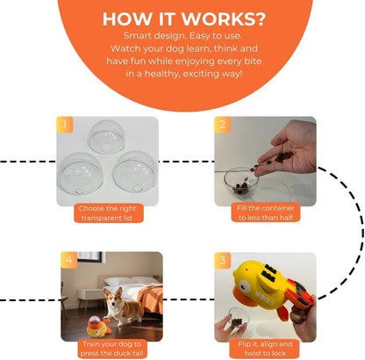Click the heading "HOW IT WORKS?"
coord(182,18)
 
